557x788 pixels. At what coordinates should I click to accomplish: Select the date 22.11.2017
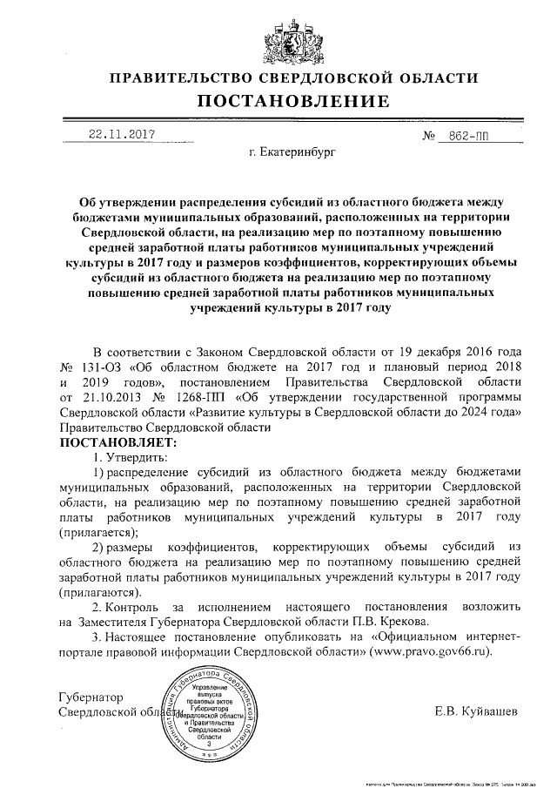(121, 135)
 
